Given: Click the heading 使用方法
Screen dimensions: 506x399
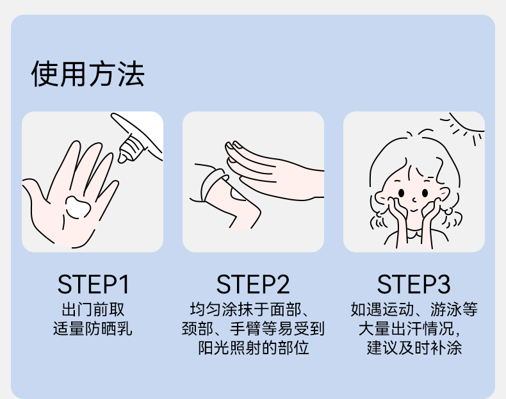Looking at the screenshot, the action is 88,74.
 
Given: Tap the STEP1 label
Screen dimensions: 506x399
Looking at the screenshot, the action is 94,284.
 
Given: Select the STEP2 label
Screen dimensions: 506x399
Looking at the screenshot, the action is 253,284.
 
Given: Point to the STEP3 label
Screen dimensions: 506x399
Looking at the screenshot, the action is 413,284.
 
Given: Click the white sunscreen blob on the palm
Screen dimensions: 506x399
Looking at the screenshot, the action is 78,207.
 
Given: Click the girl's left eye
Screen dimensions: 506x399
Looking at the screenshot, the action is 401,193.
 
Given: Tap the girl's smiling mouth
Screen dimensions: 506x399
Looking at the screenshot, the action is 413,211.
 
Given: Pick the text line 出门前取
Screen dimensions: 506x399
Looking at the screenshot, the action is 93,309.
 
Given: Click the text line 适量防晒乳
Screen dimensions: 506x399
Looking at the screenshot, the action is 93,329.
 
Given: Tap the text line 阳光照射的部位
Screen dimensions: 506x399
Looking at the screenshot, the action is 254,348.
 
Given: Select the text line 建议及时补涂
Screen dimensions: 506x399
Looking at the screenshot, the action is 414,348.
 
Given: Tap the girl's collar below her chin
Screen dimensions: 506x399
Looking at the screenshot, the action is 414,233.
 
